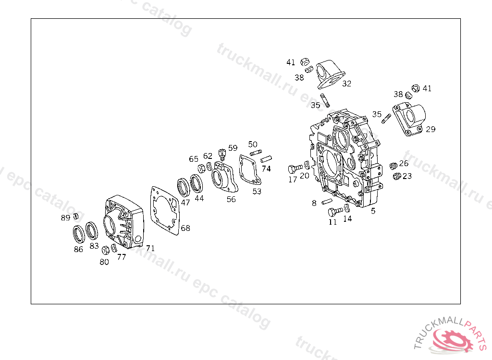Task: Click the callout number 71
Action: coord(150,248)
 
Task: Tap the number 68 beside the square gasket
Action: coord(185,228)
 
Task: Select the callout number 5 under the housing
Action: coord(373,210)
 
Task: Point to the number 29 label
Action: coord(430,129)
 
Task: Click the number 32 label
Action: coord(346,84)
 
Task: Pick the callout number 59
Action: coord(233,148)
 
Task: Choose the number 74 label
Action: coord(266,168)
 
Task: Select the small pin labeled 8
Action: coord(327,201)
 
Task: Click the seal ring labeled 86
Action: coord(78,234)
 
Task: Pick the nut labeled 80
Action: coord(106,250)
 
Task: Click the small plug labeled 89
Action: coord(75,216)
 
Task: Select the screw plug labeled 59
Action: coord(221,154)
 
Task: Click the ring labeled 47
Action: coord(183,187)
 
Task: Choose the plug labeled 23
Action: coord(396,177)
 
